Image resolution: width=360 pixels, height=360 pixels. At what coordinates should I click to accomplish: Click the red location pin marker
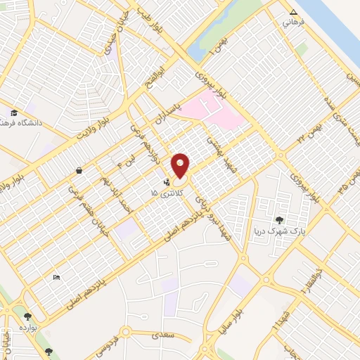(181, 166)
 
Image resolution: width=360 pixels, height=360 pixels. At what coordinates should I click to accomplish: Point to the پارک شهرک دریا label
(281, 231)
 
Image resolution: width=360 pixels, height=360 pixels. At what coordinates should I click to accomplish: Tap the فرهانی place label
(292, 23)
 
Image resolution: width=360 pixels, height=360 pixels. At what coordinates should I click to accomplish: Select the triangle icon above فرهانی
(293, 12)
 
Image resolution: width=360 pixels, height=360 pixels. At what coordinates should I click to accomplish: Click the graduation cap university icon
(13, 112)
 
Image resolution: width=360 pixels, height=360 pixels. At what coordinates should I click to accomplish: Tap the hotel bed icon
(56, 277)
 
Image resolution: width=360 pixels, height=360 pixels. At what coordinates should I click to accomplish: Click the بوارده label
(27, 328)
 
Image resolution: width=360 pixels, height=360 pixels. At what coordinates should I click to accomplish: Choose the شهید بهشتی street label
(213, 148)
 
